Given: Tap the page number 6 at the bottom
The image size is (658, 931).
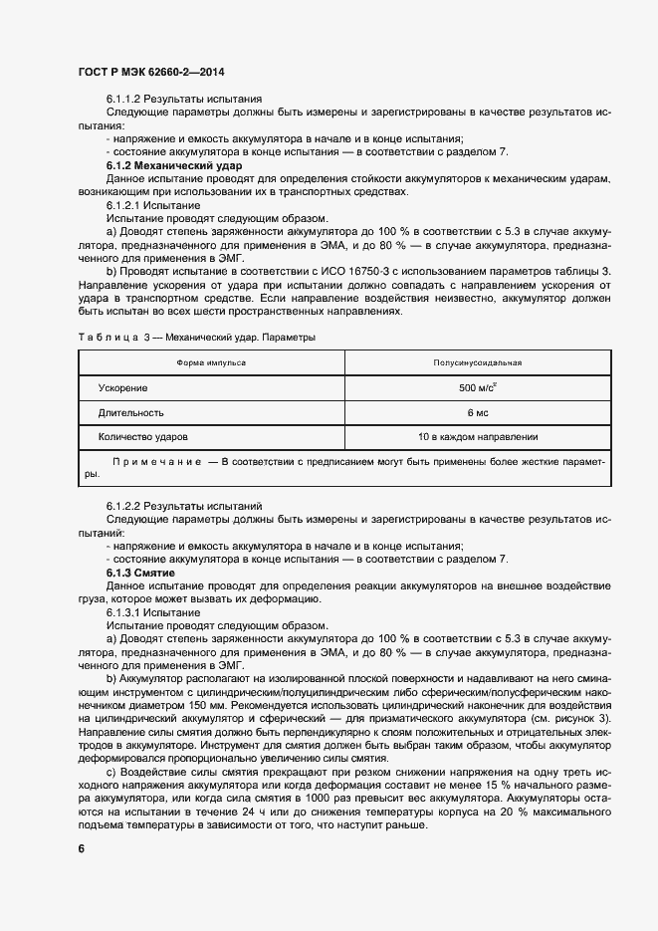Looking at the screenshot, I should [81, 848].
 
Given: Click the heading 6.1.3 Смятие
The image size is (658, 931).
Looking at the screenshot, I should [140, 575].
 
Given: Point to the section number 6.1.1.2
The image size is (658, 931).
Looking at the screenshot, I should [124, 99].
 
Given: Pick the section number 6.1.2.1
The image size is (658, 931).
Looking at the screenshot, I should [124, 204].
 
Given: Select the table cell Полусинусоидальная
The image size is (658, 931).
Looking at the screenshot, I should [477, 362].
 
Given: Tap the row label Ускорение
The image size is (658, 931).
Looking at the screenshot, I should [123, 387].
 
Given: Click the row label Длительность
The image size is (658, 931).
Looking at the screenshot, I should [131, 412].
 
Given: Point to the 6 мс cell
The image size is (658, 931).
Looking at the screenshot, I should [477, 412].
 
